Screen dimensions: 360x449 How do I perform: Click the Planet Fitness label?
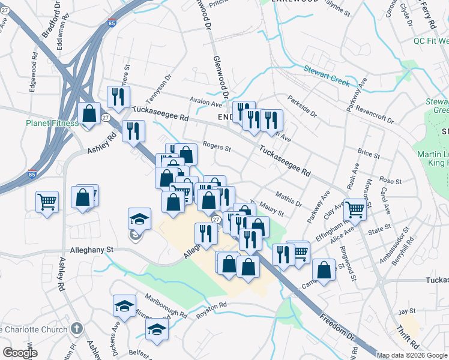pos(52,123)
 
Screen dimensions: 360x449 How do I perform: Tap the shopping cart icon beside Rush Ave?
pos(355,208)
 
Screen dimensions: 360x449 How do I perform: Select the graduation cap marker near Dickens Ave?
pos(124,306)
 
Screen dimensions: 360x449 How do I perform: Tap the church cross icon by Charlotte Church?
pos(76,328)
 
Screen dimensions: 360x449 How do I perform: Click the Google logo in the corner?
pos(20,352)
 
